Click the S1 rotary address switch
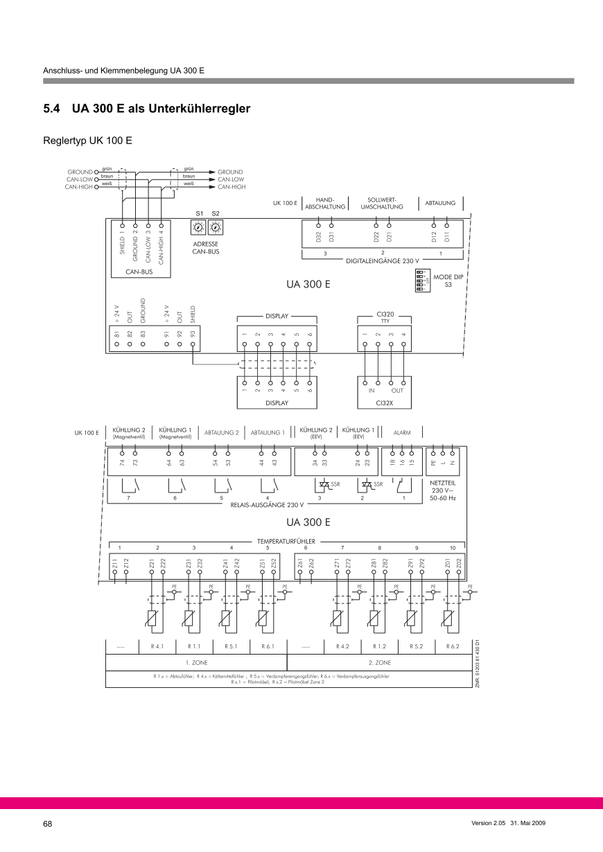pyautogui.click(x=198, y=227)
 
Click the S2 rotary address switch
pyautogui.click(x=216, y=227)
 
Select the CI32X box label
pyautogui.click(x=384, y=402)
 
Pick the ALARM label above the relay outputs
pyautogui.click(x=402, y=433)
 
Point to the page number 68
pyautogui.click(x=48, y=824)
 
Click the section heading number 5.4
pyautogui.click(x=52, y=109)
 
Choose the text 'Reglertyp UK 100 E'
pyautogui.click(x=87, y=141)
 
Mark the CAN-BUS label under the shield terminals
pyautogui.click(x=139, y=272)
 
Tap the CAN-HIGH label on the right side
pyautogui.click(x=231, y=187)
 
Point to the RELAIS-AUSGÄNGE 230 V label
pyautogui.click(x=267, y=504)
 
